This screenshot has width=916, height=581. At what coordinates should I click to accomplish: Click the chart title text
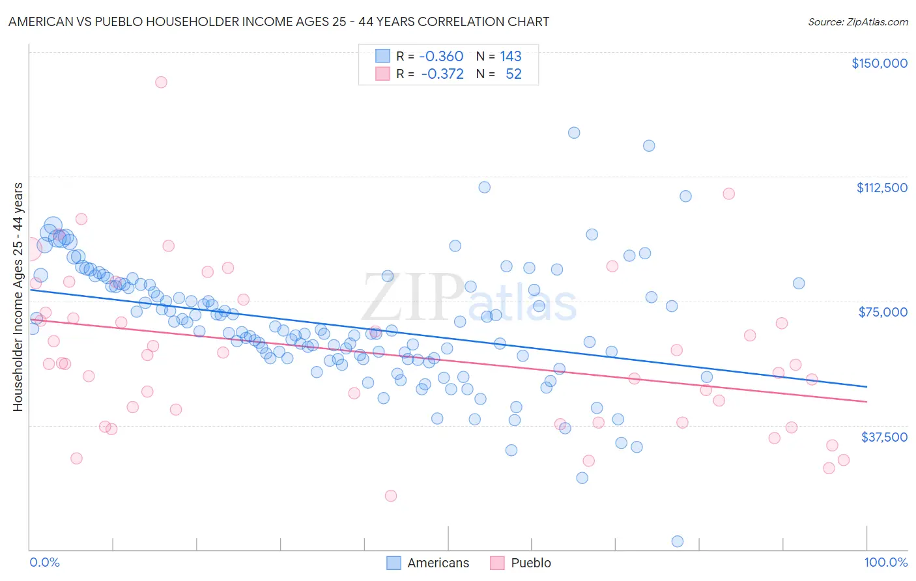(x=279, y=21)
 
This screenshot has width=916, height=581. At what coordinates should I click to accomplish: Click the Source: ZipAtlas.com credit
(x=857, y=21)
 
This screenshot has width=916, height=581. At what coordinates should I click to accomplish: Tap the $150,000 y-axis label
(x=879, y=63)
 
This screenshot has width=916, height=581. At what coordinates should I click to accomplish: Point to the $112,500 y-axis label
(x=881, y=188)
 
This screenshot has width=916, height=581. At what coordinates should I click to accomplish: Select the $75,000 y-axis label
(x=883, y=312)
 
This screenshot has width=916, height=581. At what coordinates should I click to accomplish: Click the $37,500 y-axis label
(x=883, y=437)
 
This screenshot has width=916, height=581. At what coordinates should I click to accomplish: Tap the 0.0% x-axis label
(x=44, y=562)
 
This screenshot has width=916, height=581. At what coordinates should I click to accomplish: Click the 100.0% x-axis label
(x=886, y=562)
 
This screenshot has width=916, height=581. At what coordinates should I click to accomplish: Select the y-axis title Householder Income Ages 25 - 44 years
(x=18, y=297)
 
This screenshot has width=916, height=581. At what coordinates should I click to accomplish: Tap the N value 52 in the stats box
(x=513, y=74)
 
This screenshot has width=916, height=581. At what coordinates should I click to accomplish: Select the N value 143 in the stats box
(x=511, y=57)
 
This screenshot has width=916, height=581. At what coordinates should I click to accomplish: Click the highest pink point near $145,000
(x=161, y=82)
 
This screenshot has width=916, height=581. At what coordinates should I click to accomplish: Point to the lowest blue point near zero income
(x=678, y=541)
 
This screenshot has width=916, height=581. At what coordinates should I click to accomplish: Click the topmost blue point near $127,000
(x=574, y=133)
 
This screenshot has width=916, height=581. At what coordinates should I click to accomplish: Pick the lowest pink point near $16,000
(x=391, y=496)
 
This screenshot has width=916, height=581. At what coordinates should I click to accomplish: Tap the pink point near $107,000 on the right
(x=728, y=194)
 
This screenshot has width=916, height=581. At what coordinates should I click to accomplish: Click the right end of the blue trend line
(x=866, y=387)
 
